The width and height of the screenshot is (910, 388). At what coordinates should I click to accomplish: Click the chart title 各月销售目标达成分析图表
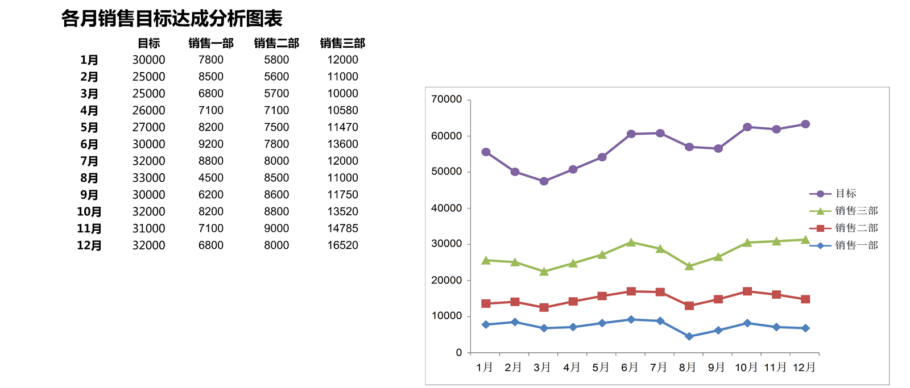click(172, 19)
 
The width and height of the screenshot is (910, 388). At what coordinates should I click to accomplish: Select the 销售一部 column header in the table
click(211, 43)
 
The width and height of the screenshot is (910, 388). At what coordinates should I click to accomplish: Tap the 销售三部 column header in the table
click(342, 43)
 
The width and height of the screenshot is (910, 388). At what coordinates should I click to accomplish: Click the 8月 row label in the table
click(89, 178)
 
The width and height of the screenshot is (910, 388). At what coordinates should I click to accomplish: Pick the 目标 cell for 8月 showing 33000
click(148, 178)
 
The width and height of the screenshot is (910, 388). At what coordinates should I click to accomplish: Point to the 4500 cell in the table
click(210, 178)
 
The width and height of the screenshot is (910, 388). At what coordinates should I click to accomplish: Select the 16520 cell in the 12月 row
click(342, 245)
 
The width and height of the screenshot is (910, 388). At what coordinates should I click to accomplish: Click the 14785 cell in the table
click(342, 228)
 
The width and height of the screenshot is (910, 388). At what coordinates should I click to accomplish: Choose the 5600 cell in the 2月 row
click(276, 77)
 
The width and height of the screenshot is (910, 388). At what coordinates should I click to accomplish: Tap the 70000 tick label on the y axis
click(446, 99)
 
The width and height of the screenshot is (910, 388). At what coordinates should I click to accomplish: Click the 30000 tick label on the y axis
click(446, 244)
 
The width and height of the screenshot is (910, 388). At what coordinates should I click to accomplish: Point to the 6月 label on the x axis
click(630, 368)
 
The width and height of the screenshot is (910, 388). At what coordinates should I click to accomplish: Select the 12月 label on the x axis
click(804, 368)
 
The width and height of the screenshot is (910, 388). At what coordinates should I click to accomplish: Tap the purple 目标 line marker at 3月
click(544, 181)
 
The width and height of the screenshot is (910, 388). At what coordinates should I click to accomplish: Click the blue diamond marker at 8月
click(689, 336)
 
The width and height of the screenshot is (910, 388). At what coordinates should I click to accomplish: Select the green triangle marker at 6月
click(631, 243)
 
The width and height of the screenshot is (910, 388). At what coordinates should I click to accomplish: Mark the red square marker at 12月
click(805, 299)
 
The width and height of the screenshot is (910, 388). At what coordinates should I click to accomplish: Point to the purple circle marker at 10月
click(747, 127)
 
